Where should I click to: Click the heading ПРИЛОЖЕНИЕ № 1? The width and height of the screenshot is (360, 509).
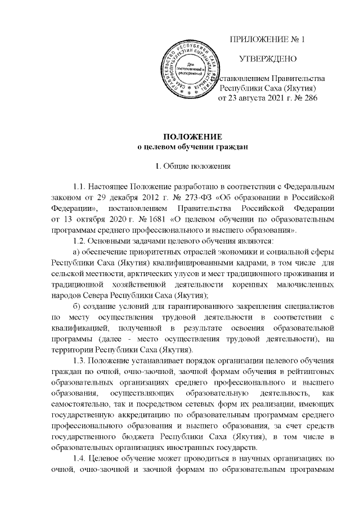click(x=268, y=40)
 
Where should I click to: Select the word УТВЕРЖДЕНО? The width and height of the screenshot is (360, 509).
click(x=268, y=59)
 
